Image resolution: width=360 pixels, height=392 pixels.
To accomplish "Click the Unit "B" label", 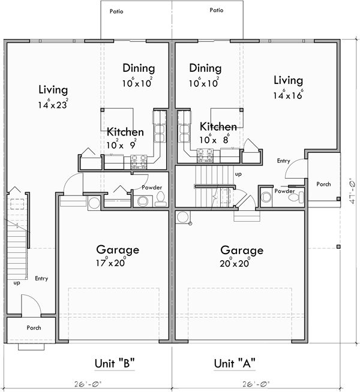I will tap(114, 363).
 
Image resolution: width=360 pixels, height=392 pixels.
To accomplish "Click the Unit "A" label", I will tap(235, 363).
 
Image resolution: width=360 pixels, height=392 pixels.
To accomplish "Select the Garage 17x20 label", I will tap(118, 255).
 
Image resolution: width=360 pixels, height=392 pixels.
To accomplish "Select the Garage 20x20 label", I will tap(241, 255).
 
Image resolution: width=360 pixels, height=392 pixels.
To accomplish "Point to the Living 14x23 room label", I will tap(53, 97).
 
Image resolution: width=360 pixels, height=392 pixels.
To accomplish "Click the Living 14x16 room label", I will tap(288, 87).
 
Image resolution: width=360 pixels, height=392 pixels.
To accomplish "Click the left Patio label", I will tap(117, 11).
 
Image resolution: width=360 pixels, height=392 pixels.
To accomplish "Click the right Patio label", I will tap(217, 10).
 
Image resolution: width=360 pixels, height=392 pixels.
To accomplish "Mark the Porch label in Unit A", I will tap(323, 184).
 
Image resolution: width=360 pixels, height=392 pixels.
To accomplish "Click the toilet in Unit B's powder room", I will tap(160, 201).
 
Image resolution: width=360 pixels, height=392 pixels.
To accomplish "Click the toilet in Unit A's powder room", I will tap(294, 197).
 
